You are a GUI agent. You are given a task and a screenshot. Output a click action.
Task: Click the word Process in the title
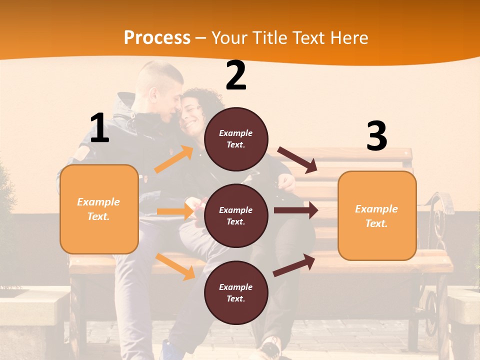(157, 37)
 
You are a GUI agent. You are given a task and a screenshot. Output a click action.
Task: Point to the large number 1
(99, 128)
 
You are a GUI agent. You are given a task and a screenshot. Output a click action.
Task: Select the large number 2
(236, 76)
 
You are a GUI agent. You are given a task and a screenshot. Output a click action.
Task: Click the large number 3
(376, 136)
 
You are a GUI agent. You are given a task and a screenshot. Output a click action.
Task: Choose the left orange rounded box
(99, 209)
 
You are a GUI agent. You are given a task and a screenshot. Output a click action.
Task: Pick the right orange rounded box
(377, 215)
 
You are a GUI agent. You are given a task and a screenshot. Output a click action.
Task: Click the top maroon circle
(236, 138)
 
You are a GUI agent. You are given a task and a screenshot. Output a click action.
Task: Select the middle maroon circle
(236, 215)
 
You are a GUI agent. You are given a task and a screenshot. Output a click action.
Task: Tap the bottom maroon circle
(236, 292)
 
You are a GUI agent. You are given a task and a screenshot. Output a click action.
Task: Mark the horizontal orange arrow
(175, 211)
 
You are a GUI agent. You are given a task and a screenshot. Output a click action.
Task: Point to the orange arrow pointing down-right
(175, 266)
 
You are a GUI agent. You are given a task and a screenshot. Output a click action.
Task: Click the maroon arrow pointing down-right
(297, 160)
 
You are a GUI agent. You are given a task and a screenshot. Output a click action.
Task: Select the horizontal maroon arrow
(295, 210)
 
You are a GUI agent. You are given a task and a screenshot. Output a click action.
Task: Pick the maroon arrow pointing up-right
(294, 265)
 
